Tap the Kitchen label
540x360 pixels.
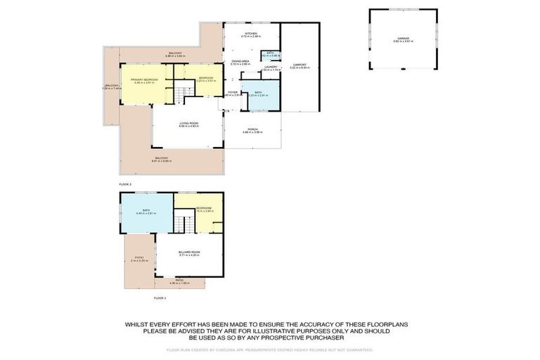coord(250,34)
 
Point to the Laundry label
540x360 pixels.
coord(270,67)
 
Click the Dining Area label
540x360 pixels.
coord(241,62)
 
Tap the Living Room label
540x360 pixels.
coord(188,124)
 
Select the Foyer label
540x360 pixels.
coord(232,92)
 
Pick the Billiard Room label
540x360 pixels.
coord(191,254)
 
